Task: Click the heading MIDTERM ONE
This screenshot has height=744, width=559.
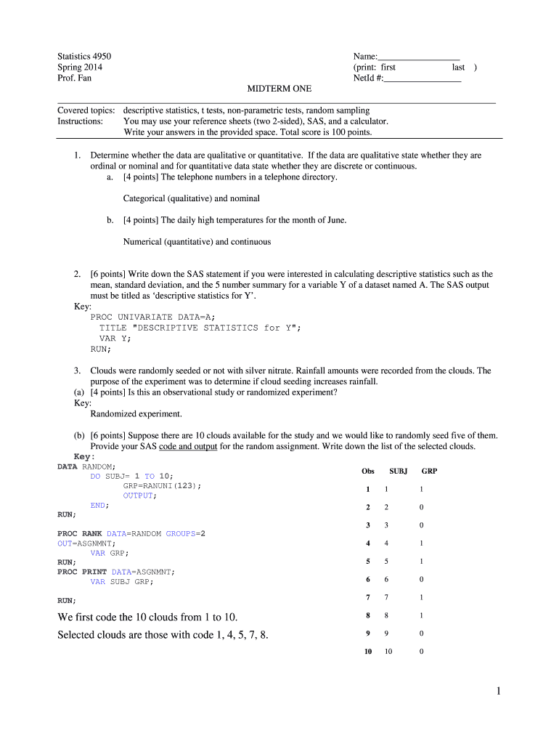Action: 279,89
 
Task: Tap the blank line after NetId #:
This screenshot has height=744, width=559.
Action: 423,78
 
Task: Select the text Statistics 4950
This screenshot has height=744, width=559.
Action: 84,57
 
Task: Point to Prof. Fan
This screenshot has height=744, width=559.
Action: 75,78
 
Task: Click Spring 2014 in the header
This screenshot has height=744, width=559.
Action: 80,68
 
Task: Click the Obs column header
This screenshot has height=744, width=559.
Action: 367,471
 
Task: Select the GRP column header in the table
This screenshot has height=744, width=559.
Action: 429,471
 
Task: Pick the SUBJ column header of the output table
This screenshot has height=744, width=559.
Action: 399,471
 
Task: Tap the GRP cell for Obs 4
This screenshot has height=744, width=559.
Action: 421,543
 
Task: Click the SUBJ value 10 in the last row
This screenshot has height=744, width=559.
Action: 388,652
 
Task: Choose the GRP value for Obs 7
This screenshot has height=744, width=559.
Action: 421,597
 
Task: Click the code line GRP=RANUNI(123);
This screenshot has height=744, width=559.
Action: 163,485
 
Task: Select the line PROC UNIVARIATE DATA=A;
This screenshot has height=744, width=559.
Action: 153,317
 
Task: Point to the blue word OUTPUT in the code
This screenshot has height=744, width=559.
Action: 138,496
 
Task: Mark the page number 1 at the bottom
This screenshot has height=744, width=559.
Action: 498,692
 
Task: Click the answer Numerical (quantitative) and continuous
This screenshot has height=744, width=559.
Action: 197,242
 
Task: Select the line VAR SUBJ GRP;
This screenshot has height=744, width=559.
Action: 122,581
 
